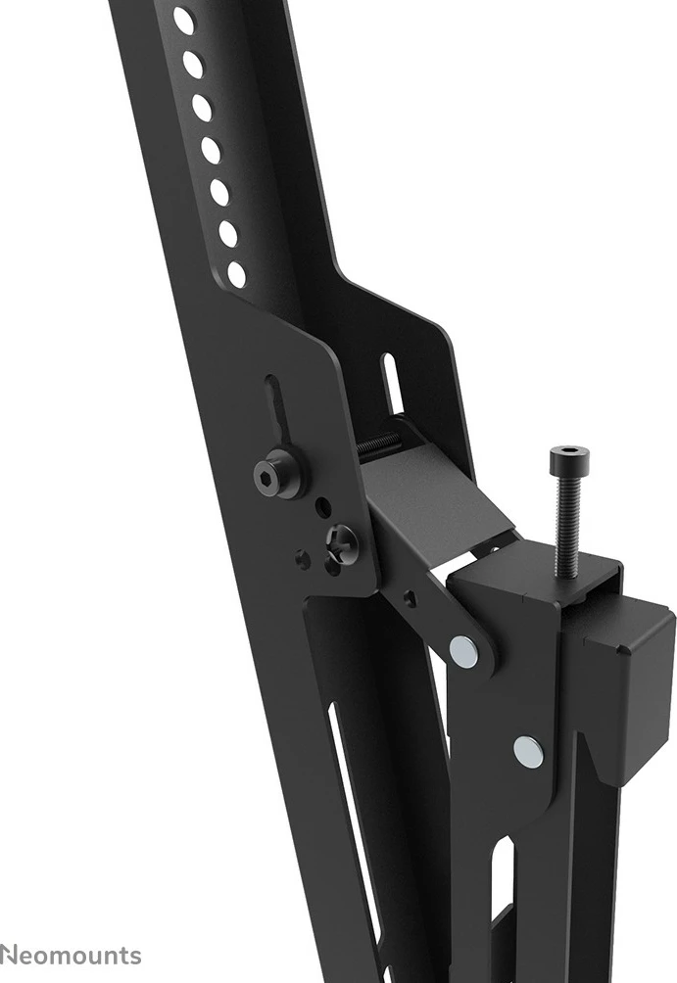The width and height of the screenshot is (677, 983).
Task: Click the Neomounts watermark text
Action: (x=71, y=956)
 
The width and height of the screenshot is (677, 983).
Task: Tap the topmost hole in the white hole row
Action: (x=183, y=21)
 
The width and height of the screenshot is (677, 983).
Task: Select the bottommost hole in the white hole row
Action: (x=237, y=274)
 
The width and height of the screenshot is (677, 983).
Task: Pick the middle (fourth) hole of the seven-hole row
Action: (x=211, y=150)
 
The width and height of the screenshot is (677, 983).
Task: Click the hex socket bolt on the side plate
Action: (x=273, y=475)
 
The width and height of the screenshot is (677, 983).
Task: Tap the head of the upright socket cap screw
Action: (x=569, y=457)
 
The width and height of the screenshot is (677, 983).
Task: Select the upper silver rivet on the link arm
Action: (x=463, y=651)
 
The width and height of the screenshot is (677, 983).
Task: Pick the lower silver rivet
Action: (x=528, y=751)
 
